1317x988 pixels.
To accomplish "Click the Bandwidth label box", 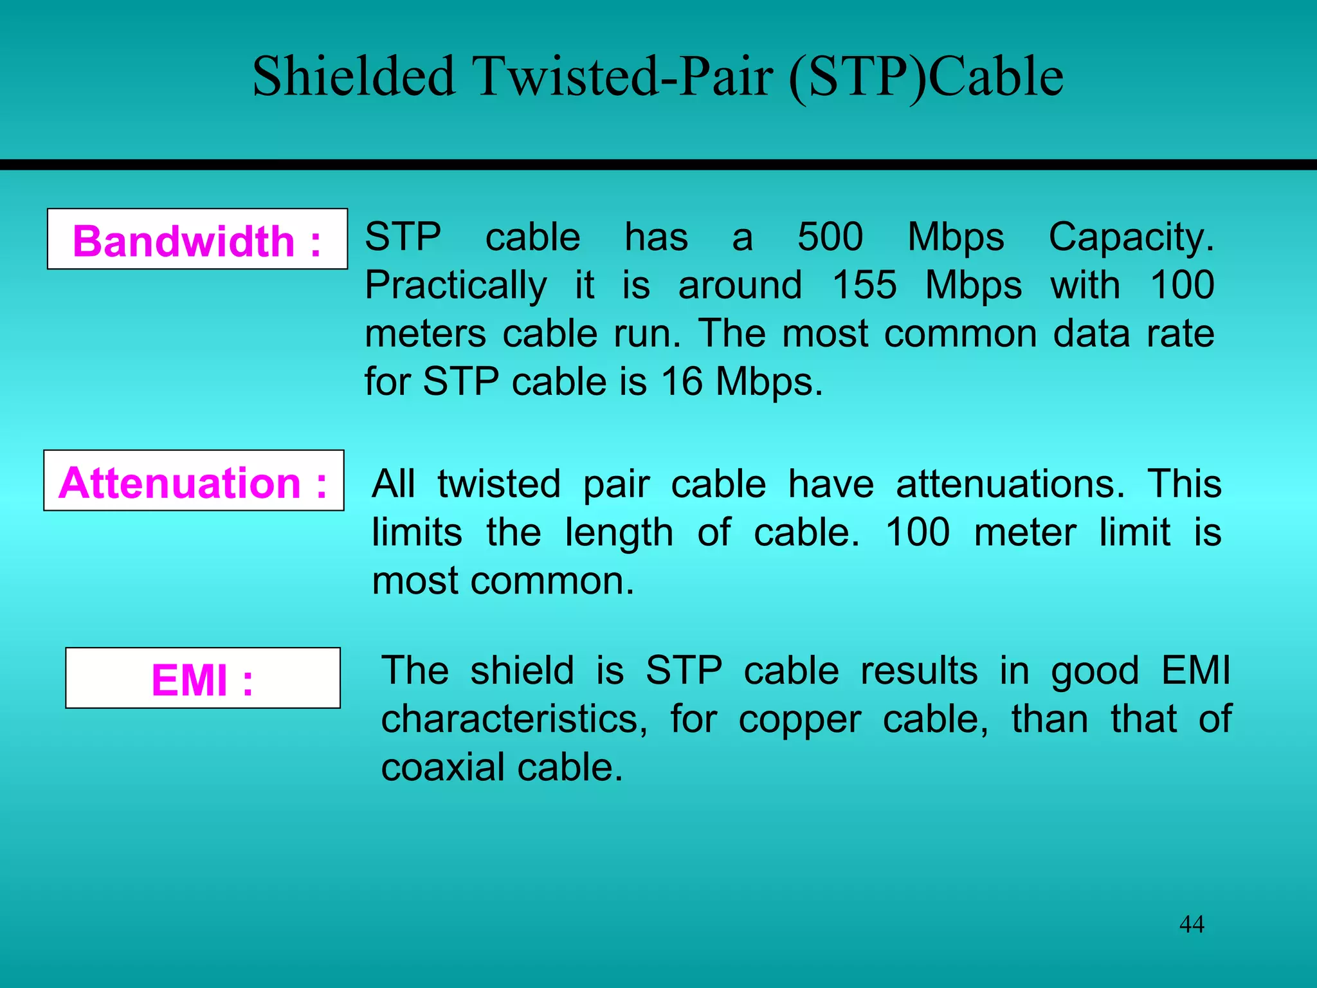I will pos(197,239).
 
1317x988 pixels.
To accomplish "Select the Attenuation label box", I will pos(194,481).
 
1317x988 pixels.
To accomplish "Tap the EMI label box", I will pos(203,678).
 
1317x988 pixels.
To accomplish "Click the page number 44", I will pos(1192,924).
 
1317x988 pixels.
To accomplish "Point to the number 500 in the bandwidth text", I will pos(830,237).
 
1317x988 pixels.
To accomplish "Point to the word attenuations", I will pos(1010,484).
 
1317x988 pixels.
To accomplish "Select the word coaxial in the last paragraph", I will pos(443,767).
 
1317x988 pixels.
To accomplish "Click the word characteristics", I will pos(513,719).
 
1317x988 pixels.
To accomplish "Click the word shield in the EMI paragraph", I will pos(522,670).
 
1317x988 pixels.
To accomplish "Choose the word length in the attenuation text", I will pos(619,533).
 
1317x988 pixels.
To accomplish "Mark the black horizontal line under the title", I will pos(658,165).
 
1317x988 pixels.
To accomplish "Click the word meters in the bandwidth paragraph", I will pos(425,334).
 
